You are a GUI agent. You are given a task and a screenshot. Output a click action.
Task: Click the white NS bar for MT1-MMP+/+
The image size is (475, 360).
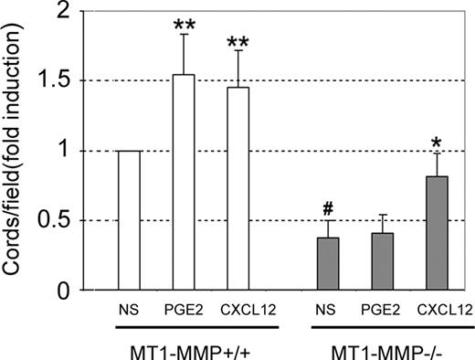pyautogui.click(x=129, y=221)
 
